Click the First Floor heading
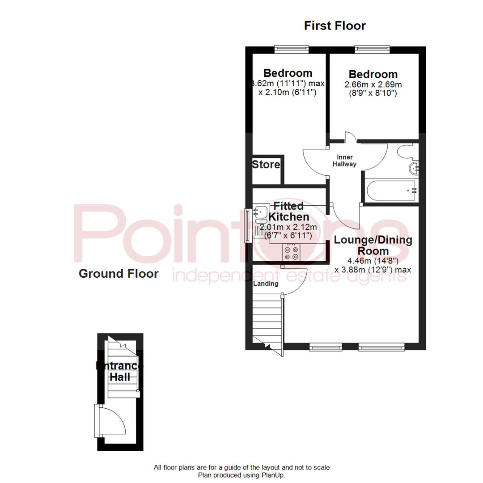(x=335, y=26)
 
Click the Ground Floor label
(x=119, y=274)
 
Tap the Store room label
(x=266, y=165)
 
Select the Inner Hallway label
(x=347, y=161)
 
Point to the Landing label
(x=266, y=284)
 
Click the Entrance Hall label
(x=120, y=372)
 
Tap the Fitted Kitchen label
(x=288, y=211)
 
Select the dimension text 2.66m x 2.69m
(x=373, y=85)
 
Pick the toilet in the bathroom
(x=407, y=152)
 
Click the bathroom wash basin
(x=414, y=168)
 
